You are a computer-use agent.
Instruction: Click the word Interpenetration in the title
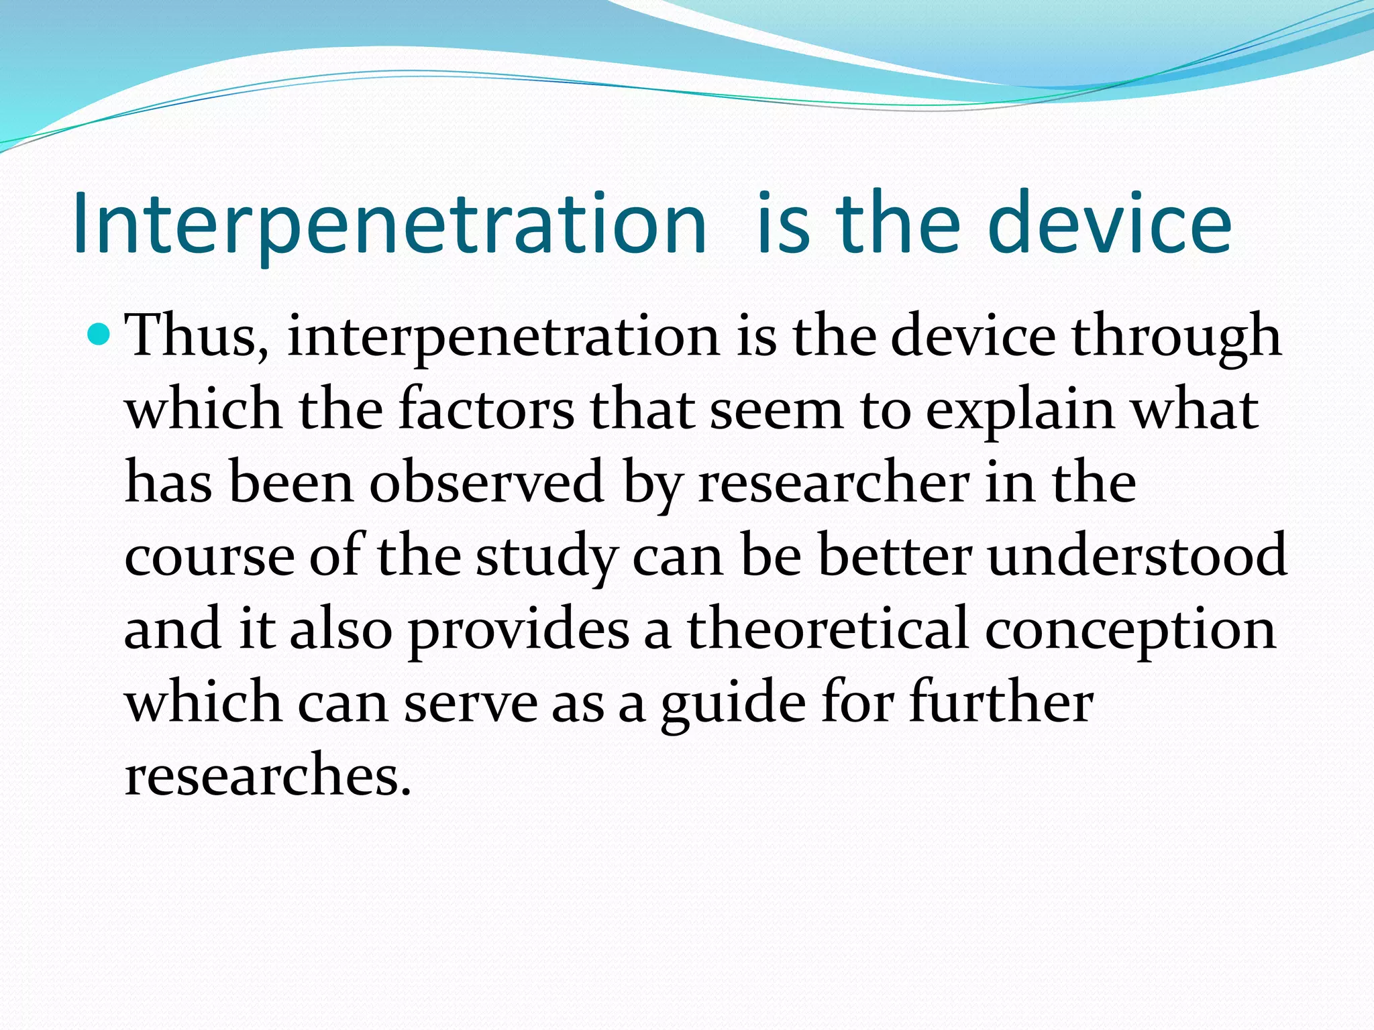[x=389, y=225]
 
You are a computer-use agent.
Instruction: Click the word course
[x=209, y=557]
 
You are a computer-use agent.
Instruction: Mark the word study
[x=546, y=559]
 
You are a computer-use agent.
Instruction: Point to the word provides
[x=519, y=631]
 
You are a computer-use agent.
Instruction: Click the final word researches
[x=267, y=776]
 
